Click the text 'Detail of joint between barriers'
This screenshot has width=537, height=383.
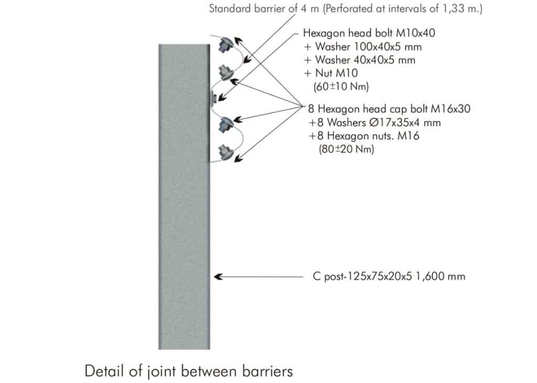(189, 371)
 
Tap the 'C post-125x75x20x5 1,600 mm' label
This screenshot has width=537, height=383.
(389, 276)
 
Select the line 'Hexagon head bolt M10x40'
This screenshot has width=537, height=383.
(369, 33)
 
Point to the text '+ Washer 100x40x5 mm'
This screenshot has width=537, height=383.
(363, 47)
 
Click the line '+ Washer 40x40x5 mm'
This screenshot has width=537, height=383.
(360, 60)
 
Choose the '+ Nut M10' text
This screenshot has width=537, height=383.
(331, 73)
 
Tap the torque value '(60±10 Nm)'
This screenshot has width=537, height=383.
(341, 87)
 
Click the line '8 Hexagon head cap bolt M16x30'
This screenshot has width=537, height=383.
(389, 109)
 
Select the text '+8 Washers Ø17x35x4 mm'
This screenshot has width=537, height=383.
(374, 123)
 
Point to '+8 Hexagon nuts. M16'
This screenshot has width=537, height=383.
(364, 136)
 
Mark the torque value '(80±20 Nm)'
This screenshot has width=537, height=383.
(346, 150)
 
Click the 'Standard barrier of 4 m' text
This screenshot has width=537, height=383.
(264, 8)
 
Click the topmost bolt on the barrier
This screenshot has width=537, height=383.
(225, 44)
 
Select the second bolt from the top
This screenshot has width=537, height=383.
(226, 72)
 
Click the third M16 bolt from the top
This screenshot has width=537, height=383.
(226, 124)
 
